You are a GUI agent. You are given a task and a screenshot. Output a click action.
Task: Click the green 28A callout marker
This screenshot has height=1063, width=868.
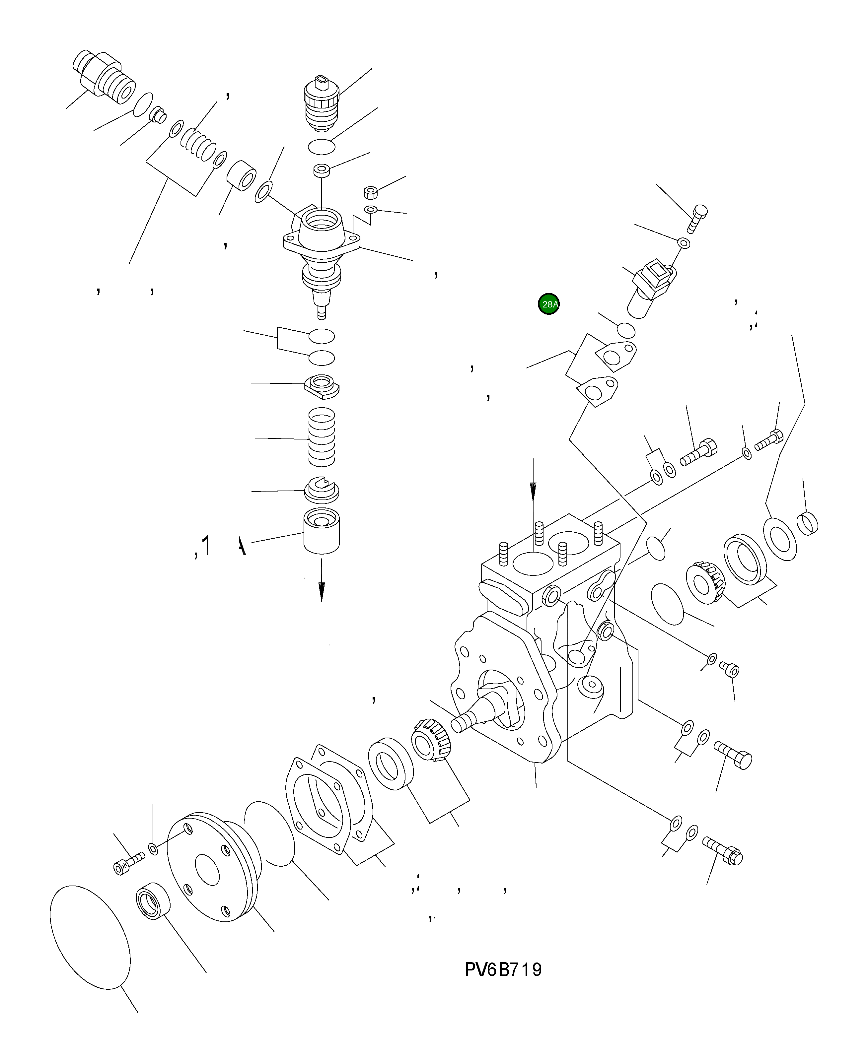coord(548,304)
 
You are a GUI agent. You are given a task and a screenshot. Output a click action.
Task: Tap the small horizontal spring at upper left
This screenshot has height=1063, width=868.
coord(198,145)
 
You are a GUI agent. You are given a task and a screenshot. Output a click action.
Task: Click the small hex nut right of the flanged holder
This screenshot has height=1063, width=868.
coord(371,192)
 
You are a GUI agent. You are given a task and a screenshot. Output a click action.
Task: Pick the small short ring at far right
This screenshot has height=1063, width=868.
coord(807,523)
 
